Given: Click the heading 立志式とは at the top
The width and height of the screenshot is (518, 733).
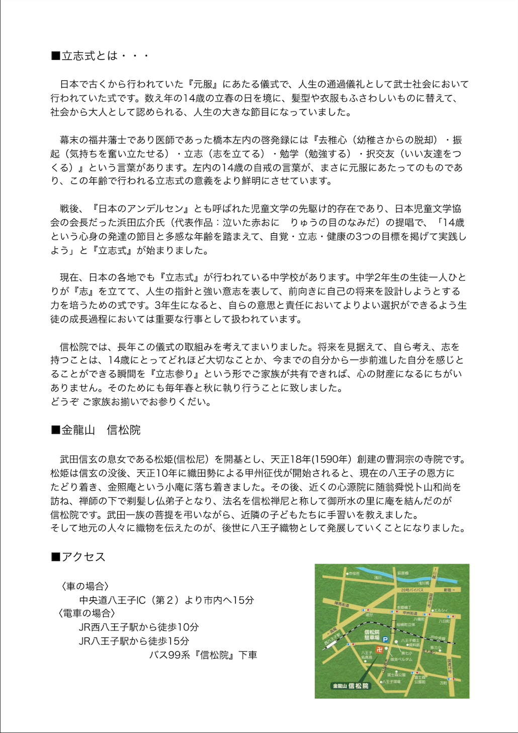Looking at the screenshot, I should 100,56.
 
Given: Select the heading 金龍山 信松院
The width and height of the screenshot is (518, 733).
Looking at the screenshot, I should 96,430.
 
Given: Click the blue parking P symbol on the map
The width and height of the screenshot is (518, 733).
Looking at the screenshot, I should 385,639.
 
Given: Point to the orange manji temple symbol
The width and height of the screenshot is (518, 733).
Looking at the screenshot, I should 373,649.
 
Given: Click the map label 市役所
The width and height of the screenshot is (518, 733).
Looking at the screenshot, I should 354,573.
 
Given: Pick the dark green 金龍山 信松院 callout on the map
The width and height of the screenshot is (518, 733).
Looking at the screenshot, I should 350,686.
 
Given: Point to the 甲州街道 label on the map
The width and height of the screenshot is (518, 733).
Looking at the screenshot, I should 410,613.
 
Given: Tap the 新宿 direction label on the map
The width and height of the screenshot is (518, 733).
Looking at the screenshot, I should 447,589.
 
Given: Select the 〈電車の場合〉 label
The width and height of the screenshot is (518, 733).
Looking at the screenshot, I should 87,613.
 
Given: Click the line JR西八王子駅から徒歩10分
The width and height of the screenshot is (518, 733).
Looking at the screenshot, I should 139,627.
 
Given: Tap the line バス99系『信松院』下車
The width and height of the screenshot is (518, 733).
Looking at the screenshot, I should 203,655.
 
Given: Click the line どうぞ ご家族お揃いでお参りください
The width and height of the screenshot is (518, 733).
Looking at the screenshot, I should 131,402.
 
